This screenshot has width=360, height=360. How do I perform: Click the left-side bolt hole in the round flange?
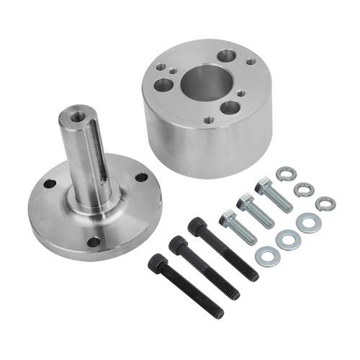tap(49, 184)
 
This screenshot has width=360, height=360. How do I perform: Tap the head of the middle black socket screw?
tap(177, 245)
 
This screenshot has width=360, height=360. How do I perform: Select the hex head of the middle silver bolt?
tap(246, 202)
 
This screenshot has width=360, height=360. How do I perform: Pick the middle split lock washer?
tap(304, 189)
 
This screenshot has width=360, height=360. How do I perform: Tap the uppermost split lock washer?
tap(286, 173)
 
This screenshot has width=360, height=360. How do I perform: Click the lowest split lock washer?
tap(325, 204)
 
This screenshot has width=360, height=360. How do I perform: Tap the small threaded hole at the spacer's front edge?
tap(208, 120)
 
